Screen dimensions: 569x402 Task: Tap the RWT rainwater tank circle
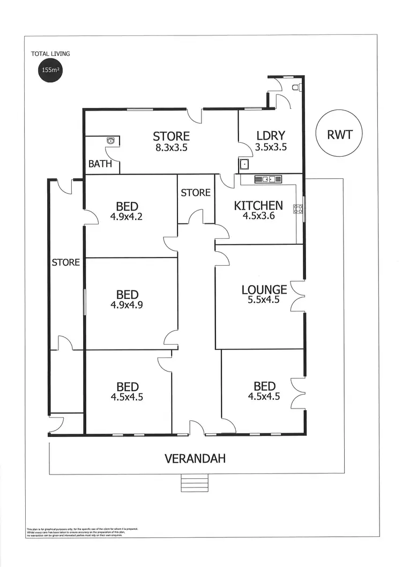click(x=339, y=134)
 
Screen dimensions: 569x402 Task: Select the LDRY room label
click(x=270, y=135)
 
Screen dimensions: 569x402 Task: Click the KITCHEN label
click(x=258, y=205)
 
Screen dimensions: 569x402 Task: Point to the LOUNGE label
click(x=264, y=290)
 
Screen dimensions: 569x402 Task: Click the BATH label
click(x=100, y=164)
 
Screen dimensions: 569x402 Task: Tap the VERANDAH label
click(x=195, y=459)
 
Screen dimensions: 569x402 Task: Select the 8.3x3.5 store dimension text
click(x=172, y=147)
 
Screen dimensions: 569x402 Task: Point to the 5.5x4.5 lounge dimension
click(x=264, y=300)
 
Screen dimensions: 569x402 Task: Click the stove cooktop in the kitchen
click(x=297, y=209)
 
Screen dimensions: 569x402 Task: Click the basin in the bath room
click(x=110, y=141)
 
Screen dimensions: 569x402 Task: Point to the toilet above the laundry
click(x=296, y=86)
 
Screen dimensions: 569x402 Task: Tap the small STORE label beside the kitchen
click(x=196, y=192)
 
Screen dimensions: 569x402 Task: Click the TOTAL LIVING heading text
click(x=50, y=54)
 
